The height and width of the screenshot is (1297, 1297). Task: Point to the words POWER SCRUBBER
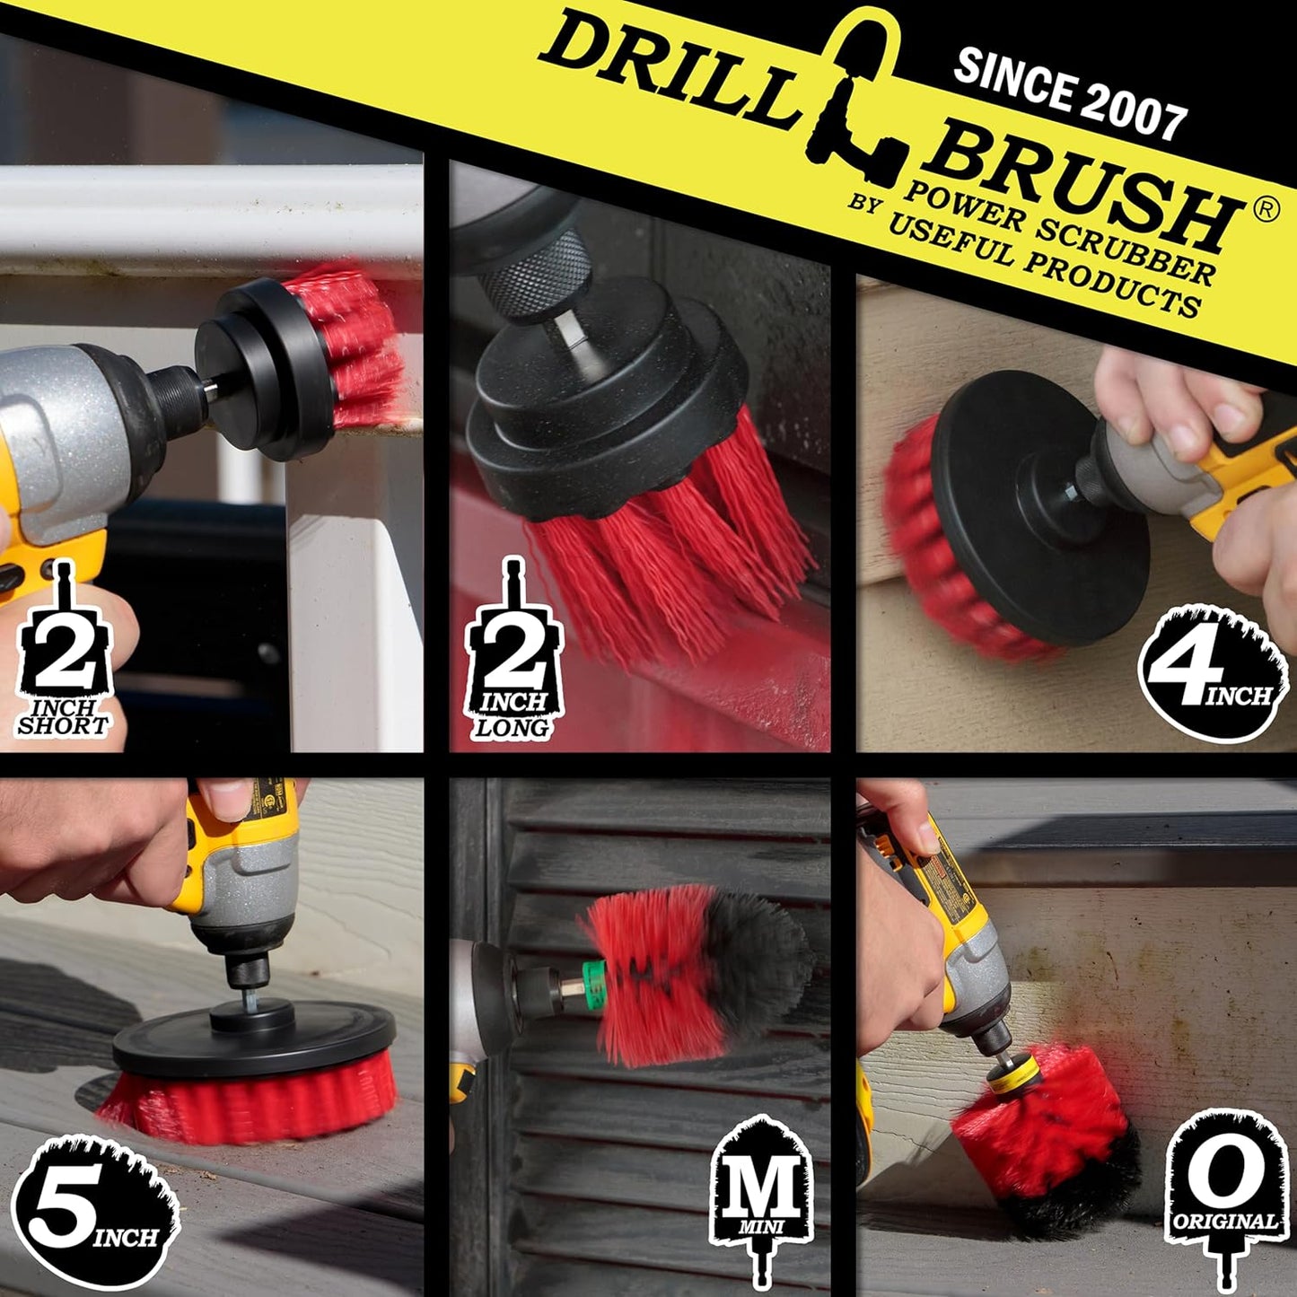pos(1059,229)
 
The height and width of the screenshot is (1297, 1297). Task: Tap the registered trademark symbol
pos(1265,209)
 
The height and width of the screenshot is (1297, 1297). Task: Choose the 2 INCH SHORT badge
pos(63,660)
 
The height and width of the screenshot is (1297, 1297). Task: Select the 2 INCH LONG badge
pos(511,660)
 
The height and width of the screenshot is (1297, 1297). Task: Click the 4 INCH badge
pos(1212,673)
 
